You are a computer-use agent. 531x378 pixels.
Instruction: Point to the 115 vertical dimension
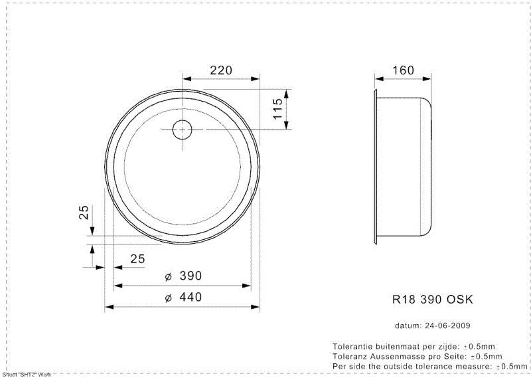point(279,108)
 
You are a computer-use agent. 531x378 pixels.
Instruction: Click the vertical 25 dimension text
point(84,213)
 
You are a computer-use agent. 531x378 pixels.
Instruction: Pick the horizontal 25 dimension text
point(137,259)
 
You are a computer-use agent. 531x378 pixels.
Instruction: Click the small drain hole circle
point(182,129)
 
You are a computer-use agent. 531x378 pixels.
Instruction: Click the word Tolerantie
point(351,347)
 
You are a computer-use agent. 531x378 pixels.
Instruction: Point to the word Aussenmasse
point(396,357)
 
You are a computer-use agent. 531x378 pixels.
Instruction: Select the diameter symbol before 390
point(168,276)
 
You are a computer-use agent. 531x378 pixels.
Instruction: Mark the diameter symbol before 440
point(168,298)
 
